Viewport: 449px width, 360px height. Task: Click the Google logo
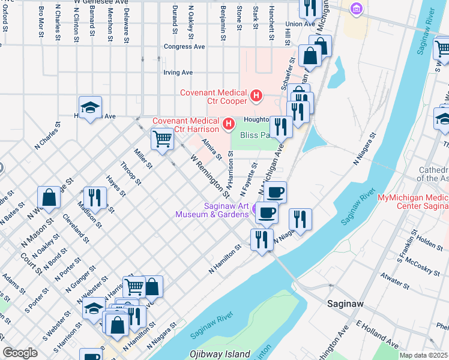coord(20,353)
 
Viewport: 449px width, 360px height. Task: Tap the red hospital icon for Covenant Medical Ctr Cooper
coord(257,95)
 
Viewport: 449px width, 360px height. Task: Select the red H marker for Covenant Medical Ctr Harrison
coord(228,124)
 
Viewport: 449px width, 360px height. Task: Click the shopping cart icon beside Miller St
coord(162,139)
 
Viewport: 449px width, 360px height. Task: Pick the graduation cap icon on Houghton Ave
coord(90,108)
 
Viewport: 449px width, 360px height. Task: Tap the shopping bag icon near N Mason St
coord(49,197)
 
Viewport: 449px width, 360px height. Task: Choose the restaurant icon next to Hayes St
coord(94,197)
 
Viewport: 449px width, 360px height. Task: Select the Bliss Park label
coord(256,136)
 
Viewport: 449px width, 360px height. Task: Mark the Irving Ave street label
coord(178,73)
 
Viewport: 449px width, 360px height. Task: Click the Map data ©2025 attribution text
coord(424,355)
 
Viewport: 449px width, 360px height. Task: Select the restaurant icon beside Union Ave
coord(309,8)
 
